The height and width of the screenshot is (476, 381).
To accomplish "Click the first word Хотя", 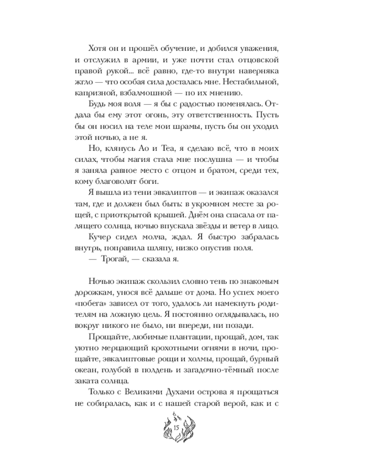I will point(99,49).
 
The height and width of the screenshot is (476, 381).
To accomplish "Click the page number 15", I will point(176,428).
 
